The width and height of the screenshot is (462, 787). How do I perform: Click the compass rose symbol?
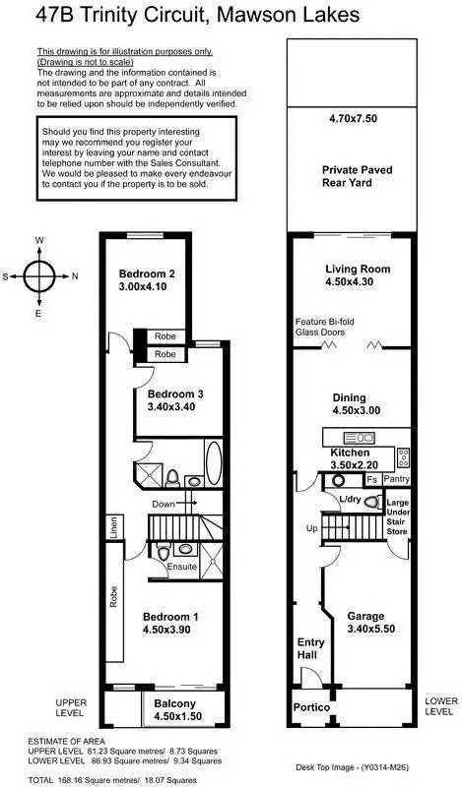point(39,276)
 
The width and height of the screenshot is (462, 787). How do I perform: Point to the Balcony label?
point(173,703)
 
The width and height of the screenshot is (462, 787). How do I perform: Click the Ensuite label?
point(183,567)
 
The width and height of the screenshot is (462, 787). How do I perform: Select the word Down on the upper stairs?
point(164,504)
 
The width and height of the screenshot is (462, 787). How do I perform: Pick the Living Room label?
point(358,269)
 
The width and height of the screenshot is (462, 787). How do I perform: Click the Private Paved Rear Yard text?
point(358,176)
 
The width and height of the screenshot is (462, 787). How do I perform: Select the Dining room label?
point(358,398)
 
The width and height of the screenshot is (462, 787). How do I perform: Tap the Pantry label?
point(398,479)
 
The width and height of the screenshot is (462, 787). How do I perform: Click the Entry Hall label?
point(311,648)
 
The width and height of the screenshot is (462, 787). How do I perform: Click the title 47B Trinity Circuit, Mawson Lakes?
point(197,15)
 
